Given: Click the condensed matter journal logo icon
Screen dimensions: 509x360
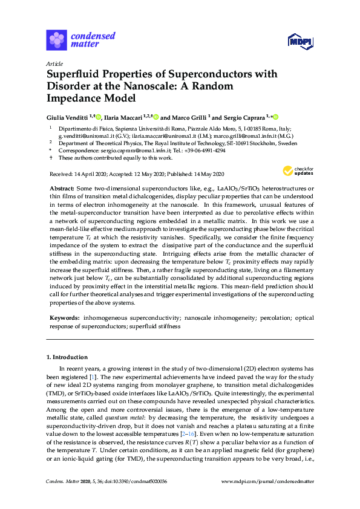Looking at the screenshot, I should coord(57,40).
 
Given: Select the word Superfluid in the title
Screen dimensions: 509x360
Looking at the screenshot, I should coord(74,74).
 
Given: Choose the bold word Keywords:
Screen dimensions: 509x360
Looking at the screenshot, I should coord(64,317).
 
